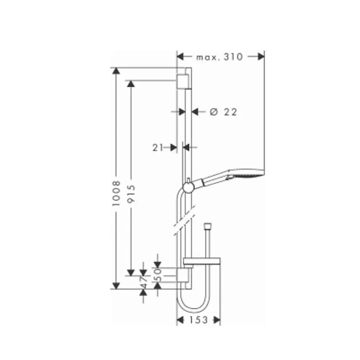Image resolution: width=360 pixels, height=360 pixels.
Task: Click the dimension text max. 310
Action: pos(220,57)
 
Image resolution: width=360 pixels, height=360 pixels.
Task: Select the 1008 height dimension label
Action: pos(117,193)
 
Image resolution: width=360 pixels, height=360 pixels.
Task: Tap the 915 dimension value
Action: pos(131,194)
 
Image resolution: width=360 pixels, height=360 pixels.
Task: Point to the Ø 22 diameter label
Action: pos(223,112)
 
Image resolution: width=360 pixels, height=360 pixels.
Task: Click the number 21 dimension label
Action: pos(158,147)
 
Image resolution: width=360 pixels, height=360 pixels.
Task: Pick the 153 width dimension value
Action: pos(199,320)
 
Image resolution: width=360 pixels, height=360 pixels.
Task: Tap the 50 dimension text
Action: pos(158,275)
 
